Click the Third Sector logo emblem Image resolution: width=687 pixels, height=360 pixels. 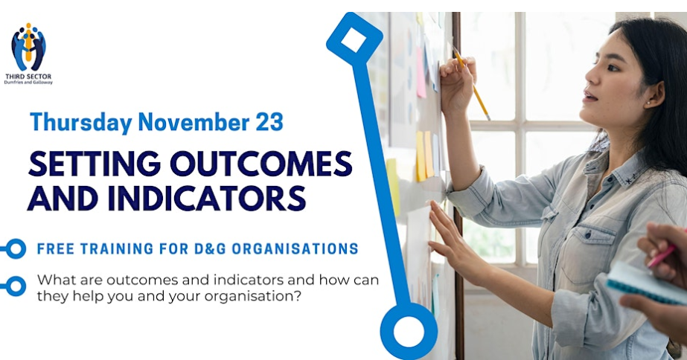[28, 47]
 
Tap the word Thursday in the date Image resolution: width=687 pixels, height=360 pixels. [81, 122]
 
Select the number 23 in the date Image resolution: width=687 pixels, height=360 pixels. [269, 121]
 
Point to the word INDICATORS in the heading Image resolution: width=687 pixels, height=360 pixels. [206, 198]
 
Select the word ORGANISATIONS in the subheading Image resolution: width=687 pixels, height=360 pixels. [295, 248]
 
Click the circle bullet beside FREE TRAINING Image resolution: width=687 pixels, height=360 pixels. [16, 248]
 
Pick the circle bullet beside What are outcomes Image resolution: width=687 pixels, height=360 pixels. [16, 286]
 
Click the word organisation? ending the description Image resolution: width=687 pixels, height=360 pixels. [253, 297]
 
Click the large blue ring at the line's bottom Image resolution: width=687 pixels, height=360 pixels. [409, 331]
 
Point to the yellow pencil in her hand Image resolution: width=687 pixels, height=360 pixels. [471, 83]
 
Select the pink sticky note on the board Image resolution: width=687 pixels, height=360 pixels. [421, 73]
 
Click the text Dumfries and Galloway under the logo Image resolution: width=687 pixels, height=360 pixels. [28, 82]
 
